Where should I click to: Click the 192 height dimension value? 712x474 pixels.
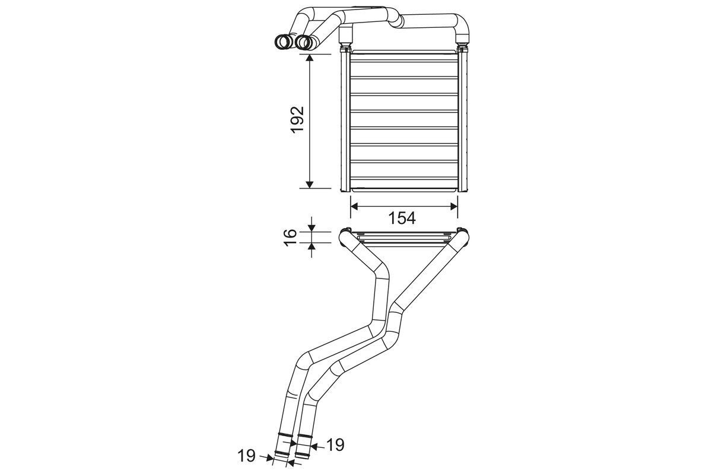click(298, 121)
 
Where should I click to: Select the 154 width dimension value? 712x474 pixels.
click(402, 218)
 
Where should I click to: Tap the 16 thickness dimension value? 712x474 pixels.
click(290, 235)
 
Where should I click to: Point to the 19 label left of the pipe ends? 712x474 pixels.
click(247, 456)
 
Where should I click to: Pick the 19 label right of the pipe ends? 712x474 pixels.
click(335, 444)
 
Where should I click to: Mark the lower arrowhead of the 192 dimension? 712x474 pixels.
click(310, 182)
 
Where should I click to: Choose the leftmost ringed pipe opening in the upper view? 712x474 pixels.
click(283, 41)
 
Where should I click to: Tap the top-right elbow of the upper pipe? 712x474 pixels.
click(462, 24)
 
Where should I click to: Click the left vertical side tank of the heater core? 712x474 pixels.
click(345, 121)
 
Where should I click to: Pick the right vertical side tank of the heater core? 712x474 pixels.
click(465, 121)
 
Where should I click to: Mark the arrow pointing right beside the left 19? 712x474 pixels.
click(266, 456)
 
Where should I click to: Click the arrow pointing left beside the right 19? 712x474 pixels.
click(316, 446)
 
